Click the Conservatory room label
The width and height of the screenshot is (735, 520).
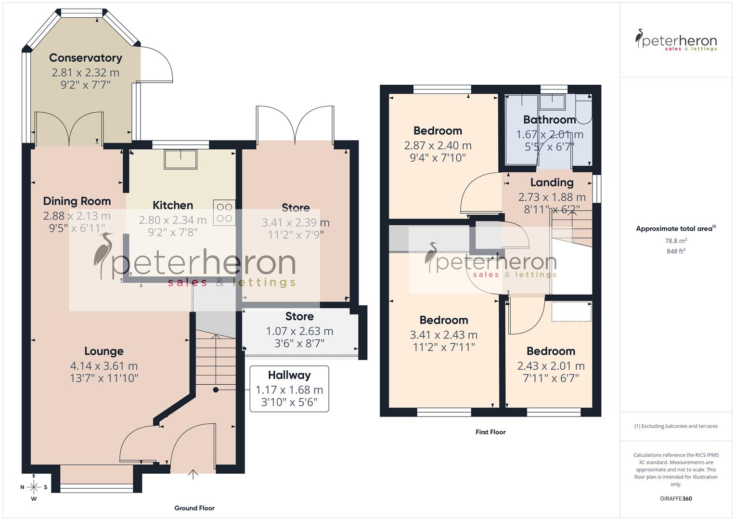click(x=85, y=58)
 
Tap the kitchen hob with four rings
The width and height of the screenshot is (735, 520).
click(x=224, y=212)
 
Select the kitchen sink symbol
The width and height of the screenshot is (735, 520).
click(x=181, y=159)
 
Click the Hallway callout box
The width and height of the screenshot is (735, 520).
click(x=289, y=389)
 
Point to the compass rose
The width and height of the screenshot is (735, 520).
click(x=34, y=487)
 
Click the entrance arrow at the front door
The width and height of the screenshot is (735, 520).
click(x=193, y=474)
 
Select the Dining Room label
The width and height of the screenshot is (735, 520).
click(x=77, y=201)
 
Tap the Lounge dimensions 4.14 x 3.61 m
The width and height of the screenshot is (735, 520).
click(x=104, y=366)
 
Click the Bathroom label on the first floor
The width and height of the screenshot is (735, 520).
click(x=549, y=120)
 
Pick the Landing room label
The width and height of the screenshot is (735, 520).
click(x=552, y=182)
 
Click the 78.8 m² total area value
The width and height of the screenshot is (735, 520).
click(x=676, y=241)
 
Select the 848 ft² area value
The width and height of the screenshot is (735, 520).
click(x=676, y=251)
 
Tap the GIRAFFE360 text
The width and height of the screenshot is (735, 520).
click(x=675, y=498)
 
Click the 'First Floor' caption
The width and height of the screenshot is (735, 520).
click(x=490, y=432)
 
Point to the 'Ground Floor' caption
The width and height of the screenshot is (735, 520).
click(x=194, y=508)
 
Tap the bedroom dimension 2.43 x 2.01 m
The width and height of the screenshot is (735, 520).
click(x=551, y=366)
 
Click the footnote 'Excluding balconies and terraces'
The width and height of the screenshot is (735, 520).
click(x=676, y=426)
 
